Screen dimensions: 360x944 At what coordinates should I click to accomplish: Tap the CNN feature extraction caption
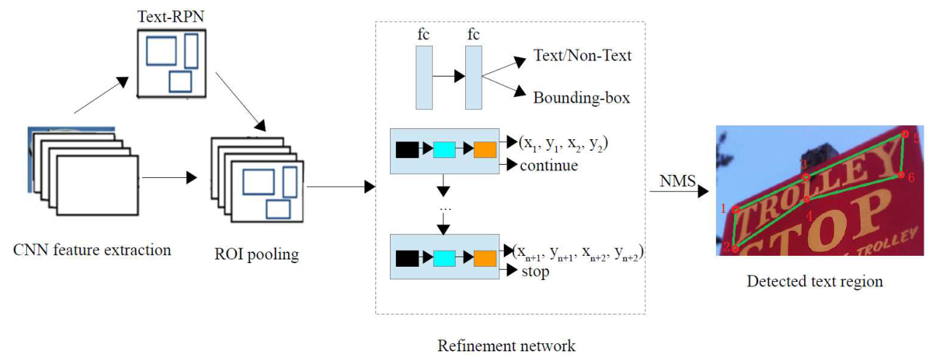(x=93, y=251)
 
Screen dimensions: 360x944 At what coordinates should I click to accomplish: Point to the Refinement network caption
(x=506, y=345)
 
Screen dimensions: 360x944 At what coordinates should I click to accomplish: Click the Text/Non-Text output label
(x=582, y=55)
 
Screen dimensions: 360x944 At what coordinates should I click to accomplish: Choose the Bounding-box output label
(x=581, y=97)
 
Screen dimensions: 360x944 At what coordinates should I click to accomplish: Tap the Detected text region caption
(x=814, y=281)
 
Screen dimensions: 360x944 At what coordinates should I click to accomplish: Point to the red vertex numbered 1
(x=736, y=209)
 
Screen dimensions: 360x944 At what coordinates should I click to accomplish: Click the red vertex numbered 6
(x=901, y=175)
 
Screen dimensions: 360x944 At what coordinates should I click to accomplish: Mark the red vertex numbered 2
(x=736, y=249)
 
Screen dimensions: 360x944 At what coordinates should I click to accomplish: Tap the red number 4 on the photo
(x=809, y=216)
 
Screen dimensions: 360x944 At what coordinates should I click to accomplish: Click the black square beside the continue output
(x=407, y=150)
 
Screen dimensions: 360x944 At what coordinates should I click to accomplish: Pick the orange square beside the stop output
(x=485, y=257)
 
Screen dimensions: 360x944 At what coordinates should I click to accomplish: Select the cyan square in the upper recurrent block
(x=444, y=150)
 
